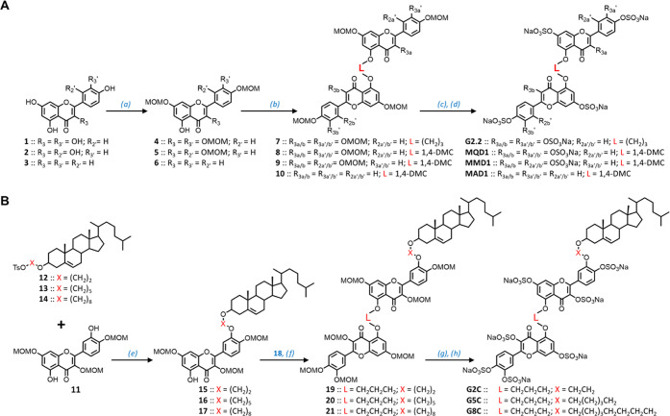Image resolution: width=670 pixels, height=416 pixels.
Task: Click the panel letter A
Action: pyautogui.click(x=7, y=7)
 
